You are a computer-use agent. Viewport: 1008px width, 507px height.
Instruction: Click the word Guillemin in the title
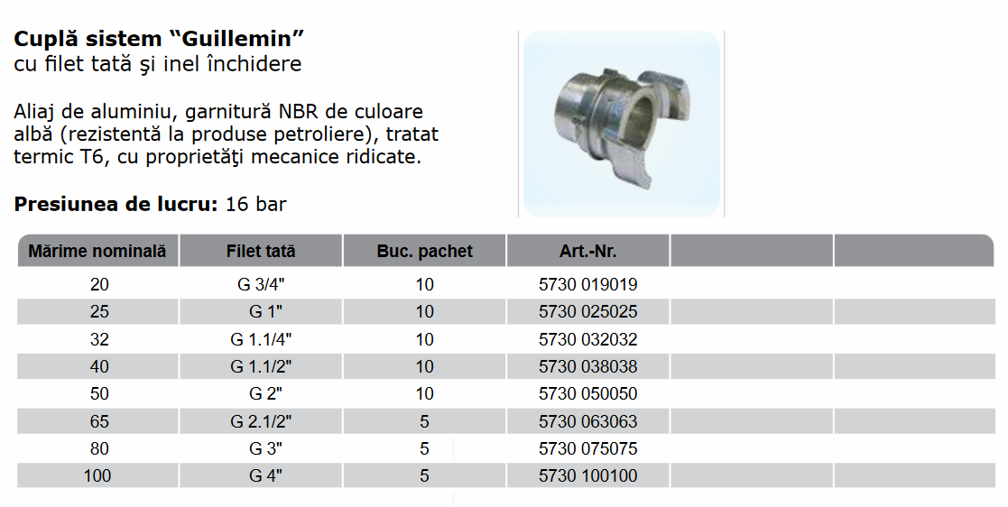[x=239, y=39]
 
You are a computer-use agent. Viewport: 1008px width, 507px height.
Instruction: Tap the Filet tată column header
[x=261, y=251]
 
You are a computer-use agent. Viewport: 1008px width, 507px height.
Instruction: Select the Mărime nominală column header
[x=97, y=251]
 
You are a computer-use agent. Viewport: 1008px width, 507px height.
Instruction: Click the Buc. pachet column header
[x=424, y=251]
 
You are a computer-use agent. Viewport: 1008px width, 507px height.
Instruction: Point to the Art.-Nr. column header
[x=588, y=251]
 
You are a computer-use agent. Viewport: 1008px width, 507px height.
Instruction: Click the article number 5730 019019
[x=588, y=284]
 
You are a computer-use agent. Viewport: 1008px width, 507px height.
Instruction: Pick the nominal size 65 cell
[x=99, y=421]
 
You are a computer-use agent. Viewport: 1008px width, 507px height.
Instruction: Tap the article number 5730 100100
[x=588, y=476]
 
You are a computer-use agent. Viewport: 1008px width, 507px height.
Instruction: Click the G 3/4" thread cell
[x=261, y=284]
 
